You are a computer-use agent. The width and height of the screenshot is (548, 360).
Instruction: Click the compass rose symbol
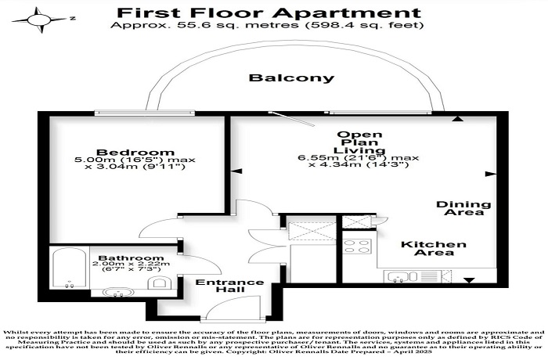point(39,20)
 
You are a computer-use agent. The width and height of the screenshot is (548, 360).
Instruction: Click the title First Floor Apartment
point(269,13)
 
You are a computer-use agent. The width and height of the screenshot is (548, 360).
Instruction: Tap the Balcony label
point(291,77)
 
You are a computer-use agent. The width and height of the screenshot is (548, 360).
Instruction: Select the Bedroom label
point(135,152)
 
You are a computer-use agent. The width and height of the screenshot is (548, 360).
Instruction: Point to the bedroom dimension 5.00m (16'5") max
point(135,160)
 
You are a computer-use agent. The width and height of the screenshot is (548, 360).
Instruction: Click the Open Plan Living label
point(359,142)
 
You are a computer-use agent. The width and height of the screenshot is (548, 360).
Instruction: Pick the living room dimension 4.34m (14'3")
point(359,164)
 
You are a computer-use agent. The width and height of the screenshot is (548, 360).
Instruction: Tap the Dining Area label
point(463,208)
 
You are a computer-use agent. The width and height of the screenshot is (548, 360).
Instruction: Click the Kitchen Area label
point(434,248)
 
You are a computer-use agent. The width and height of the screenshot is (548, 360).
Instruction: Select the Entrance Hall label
point(229,286)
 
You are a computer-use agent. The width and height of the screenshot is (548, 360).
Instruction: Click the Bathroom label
point(131,258)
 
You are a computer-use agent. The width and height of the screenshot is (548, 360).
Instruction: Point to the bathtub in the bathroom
point(69,268)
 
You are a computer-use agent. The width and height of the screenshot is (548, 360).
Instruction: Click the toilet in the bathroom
point(159,283)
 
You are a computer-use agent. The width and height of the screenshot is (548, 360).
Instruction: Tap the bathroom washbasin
point(117,292)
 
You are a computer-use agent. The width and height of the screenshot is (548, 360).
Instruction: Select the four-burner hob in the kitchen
point(357,246)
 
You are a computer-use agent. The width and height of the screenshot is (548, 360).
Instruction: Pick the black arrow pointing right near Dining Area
point(491,174)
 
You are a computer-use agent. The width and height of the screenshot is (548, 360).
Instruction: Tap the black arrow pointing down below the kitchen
point(469,280)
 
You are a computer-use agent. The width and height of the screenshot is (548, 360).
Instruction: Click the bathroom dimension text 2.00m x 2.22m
point(131,264)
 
